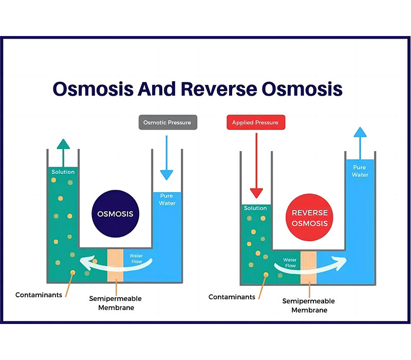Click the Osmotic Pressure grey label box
(x=168, y=122)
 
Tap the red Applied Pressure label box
(x=255, y=122)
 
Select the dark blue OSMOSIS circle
(x=115, y=214)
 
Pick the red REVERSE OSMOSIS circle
(x=309, y=218)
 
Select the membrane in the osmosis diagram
(x=115, y=265)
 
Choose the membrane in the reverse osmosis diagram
(x=308, y=267)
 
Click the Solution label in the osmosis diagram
(x=63, y=172)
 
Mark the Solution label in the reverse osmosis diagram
(x=255, y=208)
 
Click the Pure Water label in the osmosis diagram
(x=166, y=200)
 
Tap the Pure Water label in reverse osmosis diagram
(x=360, y=171)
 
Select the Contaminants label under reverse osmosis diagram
(x=232, y=297)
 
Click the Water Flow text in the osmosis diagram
(x=136, y=259)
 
